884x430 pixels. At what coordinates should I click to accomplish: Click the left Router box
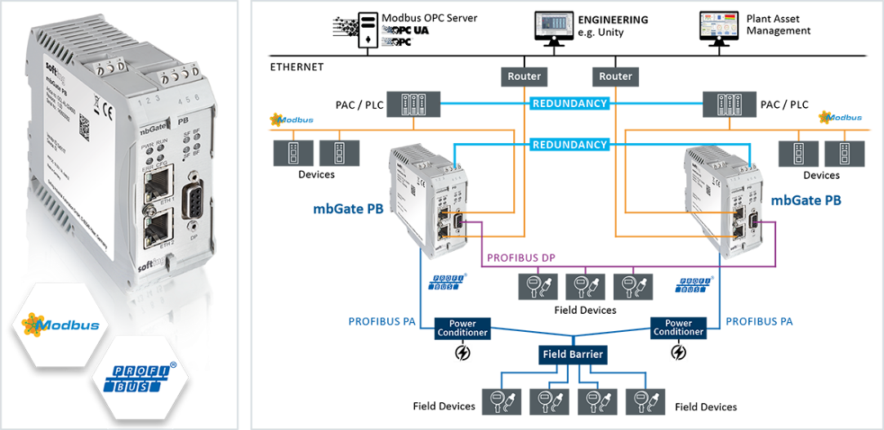point(524,76)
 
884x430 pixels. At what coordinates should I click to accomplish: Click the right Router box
point(615,76)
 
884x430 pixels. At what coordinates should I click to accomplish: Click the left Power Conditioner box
point(462,327)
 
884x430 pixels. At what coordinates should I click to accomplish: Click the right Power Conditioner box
point(678,327)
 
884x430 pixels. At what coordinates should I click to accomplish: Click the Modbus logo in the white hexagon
point(56,325)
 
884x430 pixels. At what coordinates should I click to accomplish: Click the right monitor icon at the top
point(720,25)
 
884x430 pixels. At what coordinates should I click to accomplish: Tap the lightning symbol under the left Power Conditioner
point(462,352)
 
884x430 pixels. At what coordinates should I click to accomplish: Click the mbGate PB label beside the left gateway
point(348,208)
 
